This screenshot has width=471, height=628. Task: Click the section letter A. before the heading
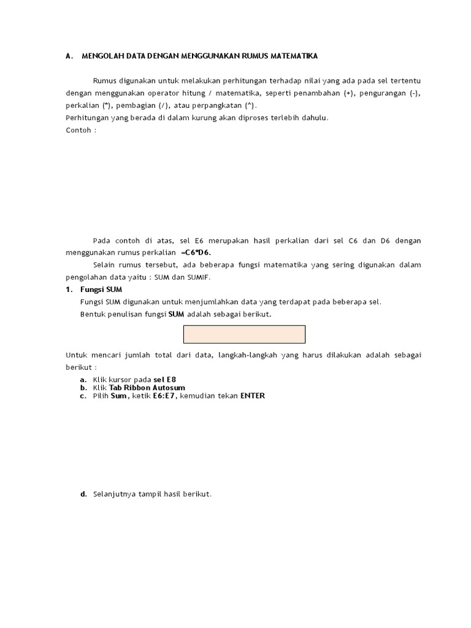(69, 56)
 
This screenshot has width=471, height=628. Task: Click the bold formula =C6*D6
(199, 253)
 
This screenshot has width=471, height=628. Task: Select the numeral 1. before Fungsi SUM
(69, 289)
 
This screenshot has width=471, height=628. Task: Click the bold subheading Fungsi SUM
(101, 289)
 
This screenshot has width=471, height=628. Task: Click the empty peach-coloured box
(244, 334)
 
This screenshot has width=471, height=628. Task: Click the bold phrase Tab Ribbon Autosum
(147, 388)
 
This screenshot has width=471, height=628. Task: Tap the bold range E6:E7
(164, 396)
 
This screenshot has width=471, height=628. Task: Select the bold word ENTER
(253, 396)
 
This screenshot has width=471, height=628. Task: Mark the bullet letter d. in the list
(83, 494)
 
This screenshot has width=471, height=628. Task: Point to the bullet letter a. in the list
(83, 380)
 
